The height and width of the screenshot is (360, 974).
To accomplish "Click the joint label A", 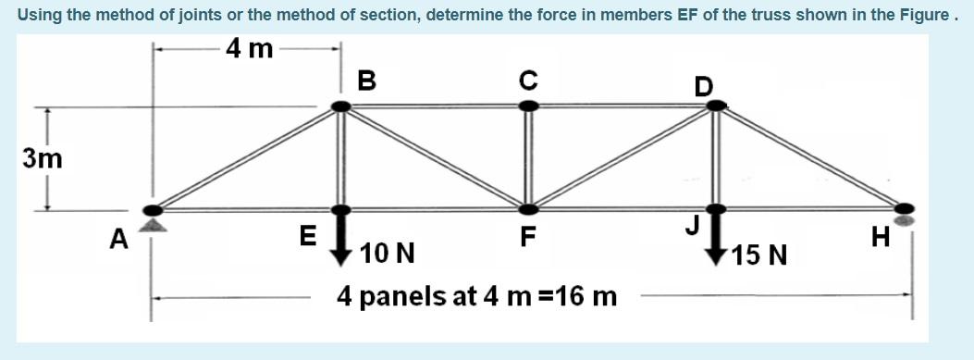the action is click(x=117, y=240).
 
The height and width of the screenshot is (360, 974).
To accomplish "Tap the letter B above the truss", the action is click(x=366, y=81).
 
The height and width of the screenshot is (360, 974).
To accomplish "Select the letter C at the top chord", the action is click(x=527, y=81).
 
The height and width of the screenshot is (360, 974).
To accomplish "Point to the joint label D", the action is click(x=704, y=86).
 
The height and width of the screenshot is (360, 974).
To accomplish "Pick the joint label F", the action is click(x=527, y=237).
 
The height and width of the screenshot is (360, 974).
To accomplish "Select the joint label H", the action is click(x=881, y=239).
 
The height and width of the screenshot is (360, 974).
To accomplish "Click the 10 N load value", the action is click(x=388, y=253).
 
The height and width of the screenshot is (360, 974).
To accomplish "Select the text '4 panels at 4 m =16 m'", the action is click(x=476, y=297).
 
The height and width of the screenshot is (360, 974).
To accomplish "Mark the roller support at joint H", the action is click(x=906, y=221).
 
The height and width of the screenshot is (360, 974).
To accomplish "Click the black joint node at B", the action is click(x=341, y=106).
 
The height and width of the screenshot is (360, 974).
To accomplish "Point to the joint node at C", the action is click(x=528, y=106).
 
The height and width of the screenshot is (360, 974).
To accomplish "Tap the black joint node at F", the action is click(x=527, y=209).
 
